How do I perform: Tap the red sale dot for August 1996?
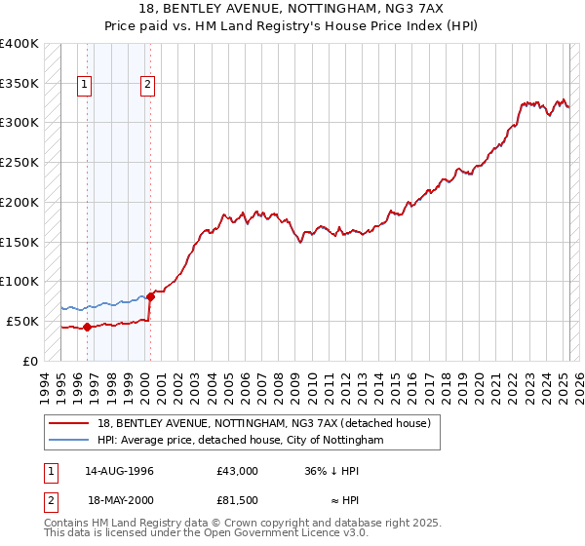click(87, 327)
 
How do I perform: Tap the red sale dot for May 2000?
click(149, 296)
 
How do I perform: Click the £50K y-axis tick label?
click(22, 321)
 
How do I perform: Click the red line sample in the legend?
click(70, 422)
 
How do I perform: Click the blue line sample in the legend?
click(70, 440)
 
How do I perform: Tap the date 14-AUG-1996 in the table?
click(119, 471)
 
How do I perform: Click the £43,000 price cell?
click(238, 471)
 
